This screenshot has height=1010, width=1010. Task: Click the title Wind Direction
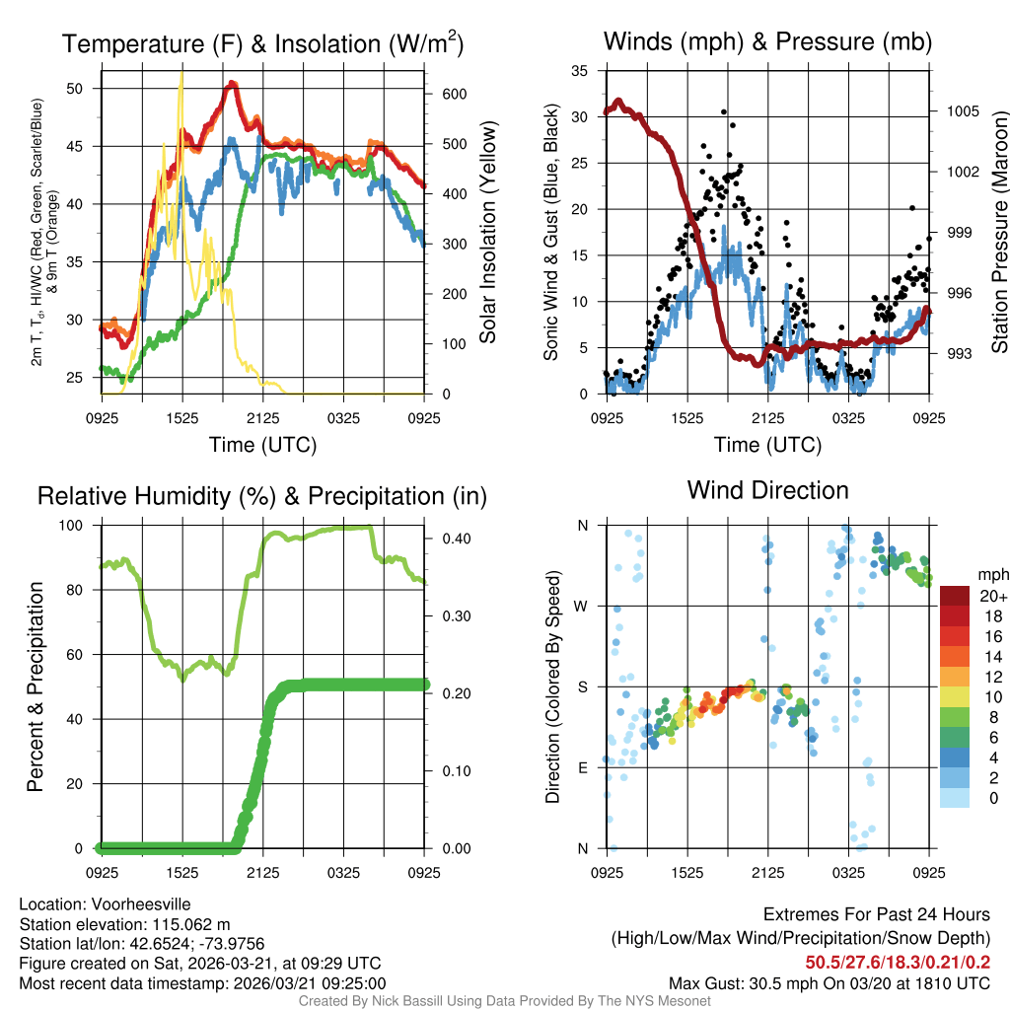coord(767,490)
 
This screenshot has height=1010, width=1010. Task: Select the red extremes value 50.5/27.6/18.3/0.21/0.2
coord(898,963)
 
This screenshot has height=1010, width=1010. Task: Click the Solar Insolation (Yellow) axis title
coord(487,232)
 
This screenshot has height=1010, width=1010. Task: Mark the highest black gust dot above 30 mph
coord(723,111)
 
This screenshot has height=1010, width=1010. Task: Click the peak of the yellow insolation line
coord(181,75)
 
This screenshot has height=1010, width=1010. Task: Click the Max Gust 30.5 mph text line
coord(829,982)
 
